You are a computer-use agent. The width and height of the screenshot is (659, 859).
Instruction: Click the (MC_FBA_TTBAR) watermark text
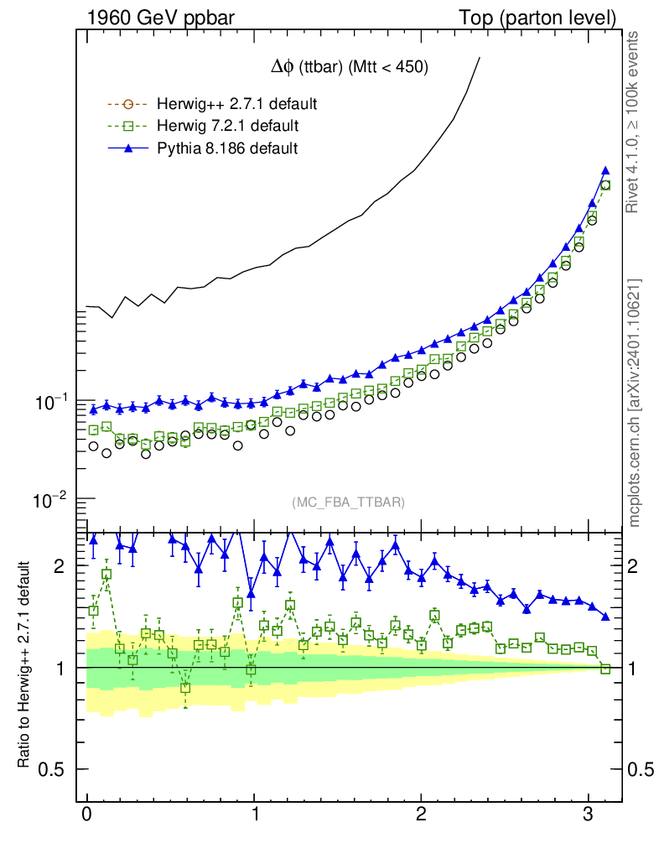(349, 502)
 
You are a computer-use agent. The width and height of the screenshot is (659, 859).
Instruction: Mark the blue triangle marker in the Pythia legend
(127, 148)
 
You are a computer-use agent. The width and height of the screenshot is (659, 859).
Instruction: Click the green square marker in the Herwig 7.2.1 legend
(127, 126)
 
